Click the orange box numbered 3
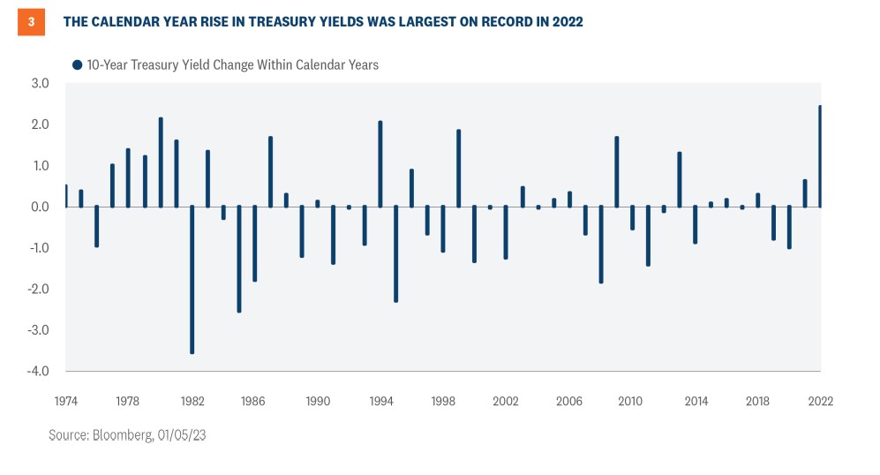tap(31, 22)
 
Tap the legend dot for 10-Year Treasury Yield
tap(78, 64)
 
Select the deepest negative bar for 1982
tap(192, 279)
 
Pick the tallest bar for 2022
tap(820, 156)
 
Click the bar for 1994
tap(380, 164)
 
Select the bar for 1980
tap(161, 162)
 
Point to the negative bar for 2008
tap(600, 245)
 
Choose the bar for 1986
tap(254, 244)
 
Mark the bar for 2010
tap(632, 218)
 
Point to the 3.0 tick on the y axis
tap(40, 84)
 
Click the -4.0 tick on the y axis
tap(38, 372)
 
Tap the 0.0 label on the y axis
tap(40, 207)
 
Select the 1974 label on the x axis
tap(65, 401)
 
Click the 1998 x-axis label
tap(443, 401)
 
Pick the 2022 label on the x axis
tap(820, 401)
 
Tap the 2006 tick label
tap(569, 401)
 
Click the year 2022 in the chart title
tap(566, 22)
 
